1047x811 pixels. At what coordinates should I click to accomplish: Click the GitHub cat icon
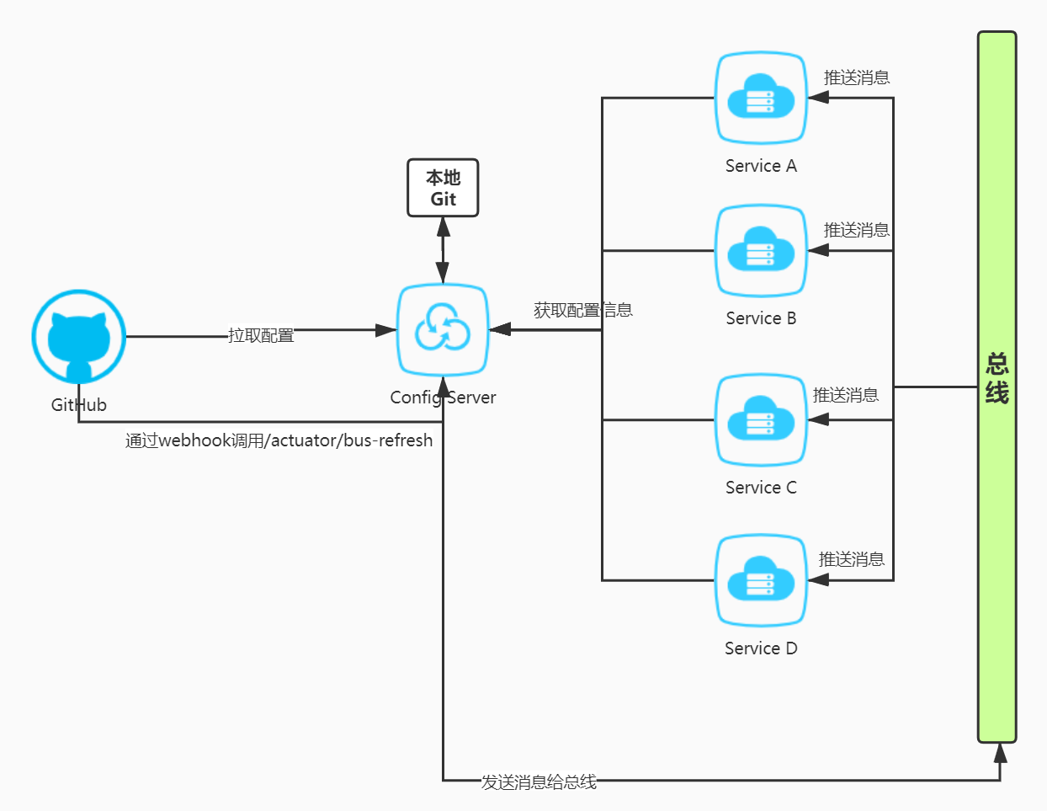pos(78,337)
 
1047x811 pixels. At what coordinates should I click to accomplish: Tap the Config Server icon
pos(443,330)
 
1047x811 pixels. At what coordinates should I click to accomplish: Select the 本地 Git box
pos(443,188)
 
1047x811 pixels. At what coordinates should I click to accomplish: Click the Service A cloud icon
pos(761,98)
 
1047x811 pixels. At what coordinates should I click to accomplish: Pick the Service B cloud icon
pos(761,250)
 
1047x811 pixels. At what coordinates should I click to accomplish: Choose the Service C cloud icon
pos(761,419)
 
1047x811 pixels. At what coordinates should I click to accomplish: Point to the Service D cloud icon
pos(761,580)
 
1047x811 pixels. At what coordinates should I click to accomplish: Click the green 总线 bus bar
pos(997,387)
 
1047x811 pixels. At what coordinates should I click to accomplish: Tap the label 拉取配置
pos(261,336)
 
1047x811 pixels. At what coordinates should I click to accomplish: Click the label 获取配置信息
pos(582,310)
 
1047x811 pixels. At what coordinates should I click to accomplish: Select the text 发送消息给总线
pos(539,782)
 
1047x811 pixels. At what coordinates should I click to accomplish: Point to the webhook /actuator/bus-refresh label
pos(279,440)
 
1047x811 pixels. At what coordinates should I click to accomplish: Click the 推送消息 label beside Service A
pos(856,77)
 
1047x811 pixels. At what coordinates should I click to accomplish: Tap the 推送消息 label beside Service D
pos(851,559)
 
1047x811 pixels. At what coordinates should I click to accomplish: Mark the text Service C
pos(761,488)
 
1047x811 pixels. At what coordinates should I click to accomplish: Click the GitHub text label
pos(78,405)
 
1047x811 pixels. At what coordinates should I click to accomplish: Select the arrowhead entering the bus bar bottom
pos(1000,752)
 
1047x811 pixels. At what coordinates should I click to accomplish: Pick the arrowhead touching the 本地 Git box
pos(443,227)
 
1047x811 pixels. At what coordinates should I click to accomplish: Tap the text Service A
pos(761,166)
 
